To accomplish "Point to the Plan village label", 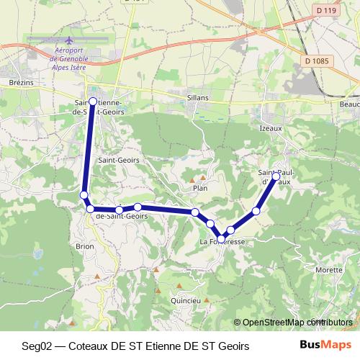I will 200,188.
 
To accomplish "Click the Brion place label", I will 84,246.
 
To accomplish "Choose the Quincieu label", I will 184,301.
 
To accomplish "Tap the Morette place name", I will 329,269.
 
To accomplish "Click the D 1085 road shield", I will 316,61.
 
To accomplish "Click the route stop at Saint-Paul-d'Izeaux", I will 276,176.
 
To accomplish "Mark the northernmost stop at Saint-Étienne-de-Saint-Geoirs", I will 93,102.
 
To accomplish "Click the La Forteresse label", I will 222,243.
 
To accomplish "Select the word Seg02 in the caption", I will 37,346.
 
